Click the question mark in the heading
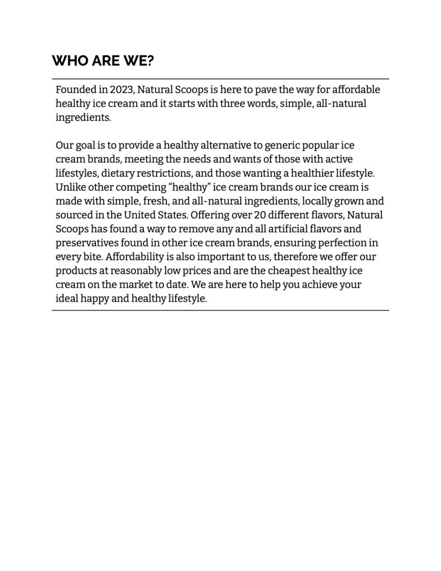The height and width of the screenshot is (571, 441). point(150,61)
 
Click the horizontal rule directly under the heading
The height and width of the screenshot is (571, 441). point(220,79)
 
